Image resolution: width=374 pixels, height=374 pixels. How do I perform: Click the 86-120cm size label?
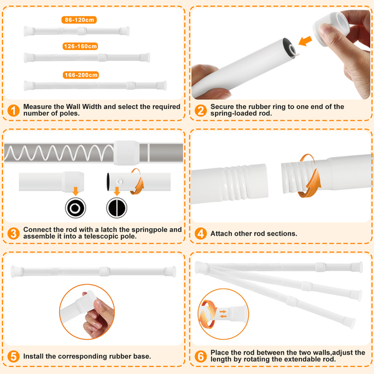(x=79, y=20)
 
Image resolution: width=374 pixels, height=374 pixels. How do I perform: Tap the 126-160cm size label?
(x=80, y=46)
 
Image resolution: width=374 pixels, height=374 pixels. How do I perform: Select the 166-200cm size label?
(x=81, y=75)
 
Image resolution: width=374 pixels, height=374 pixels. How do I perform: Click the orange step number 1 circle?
(x=13, y=110)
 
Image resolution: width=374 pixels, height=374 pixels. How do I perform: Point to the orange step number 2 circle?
(x=201, y=110)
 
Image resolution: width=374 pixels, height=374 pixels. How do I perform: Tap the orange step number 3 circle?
(x=13, y=233)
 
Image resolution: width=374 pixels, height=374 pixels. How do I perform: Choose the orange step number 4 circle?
(x=201, y=233)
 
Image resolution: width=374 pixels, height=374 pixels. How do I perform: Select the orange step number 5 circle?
(x=13, y=357)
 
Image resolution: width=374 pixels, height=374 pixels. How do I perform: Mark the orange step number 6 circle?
(x=201, y=357)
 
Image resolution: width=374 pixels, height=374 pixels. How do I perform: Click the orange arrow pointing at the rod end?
(x=305, y=41)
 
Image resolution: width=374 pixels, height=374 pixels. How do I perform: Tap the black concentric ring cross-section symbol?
(x=75, y=208)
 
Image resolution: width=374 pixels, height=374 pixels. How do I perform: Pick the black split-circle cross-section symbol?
(x=117, y=208)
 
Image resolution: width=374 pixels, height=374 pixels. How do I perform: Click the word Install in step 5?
(x=34, y=357)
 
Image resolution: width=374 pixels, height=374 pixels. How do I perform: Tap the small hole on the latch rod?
(x=120, y=181)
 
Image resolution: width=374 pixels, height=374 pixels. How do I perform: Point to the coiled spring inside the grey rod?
(x=59, y=153)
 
